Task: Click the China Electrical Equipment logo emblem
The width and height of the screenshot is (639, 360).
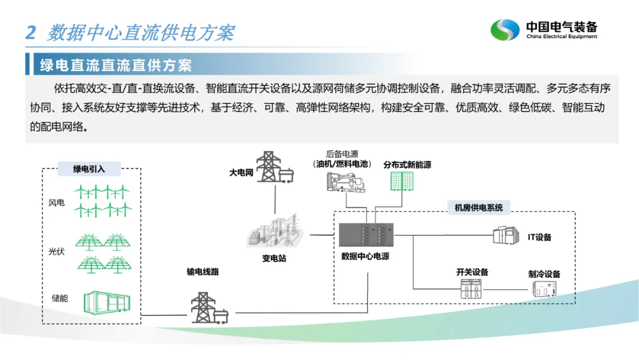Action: (x=505, y=30)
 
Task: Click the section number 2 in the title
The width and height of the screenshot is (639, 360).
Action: (x=31, y=32)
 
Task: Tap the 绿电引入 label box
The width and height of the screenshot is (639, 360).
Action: (x=89, y=169)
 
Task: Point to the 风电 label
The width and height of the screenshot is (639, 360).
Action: (x=57, y=203)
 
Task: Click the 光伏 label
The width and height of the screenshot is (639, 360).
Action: (x=57, y=251)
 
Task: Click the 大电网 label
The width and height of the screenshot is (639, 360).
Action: (x=241, y=173)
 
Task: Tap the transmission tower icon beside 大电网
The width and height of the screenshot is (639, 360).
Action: (x=273, y=168)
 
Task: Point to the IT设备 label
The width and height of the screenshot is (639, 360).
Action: (x=539, y=237)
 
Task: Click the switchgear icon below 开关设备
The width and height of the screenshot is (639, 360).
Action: (x=472, y=288)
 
